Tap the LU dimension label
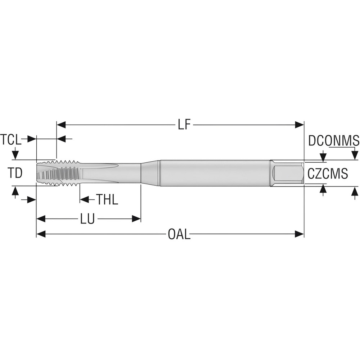click(x=87, y=219)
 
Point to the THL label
click(x=107, y=199)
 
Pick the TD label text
click(x=15, y=173)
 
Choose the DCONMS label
click(x=333, y=141)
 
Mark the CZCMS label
click(x=328, y=174)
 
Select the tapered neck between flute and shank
click(x=150, y=173)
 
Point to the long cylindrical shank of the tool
click(x=214, y=173)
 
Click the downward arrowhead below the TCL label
click(x=15, y=155)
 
